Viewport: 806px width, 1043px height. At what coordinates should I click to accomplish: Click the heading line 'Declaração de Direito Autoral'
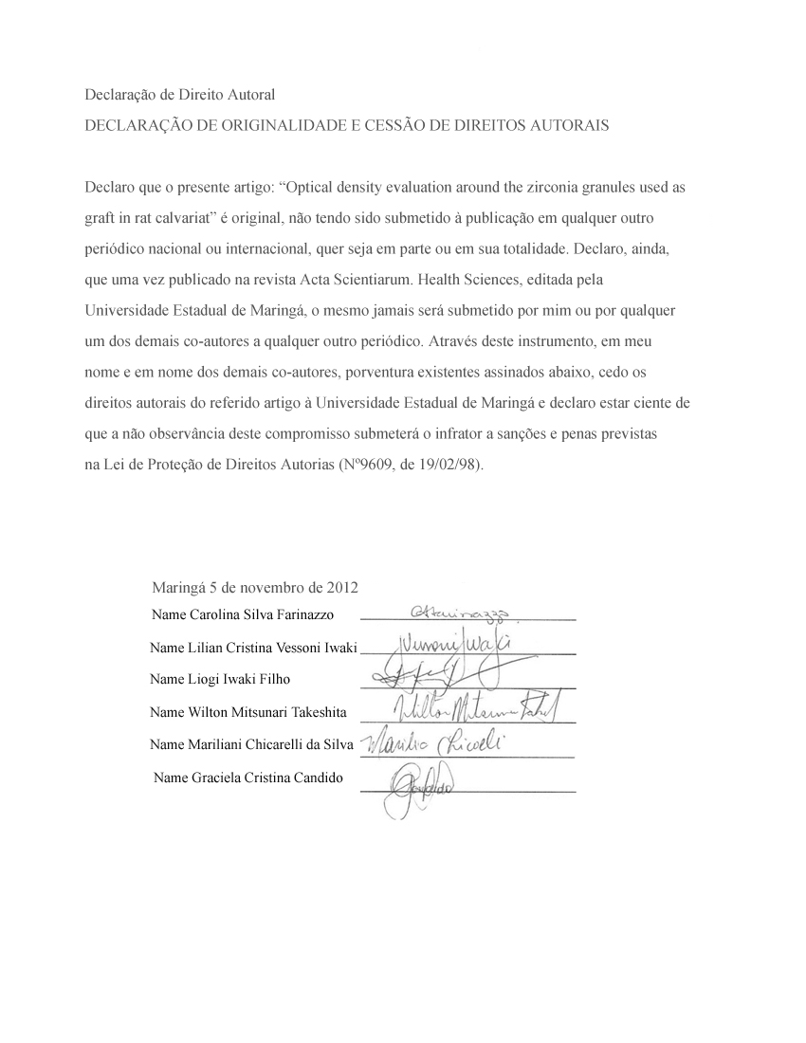tap(180, 95)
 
